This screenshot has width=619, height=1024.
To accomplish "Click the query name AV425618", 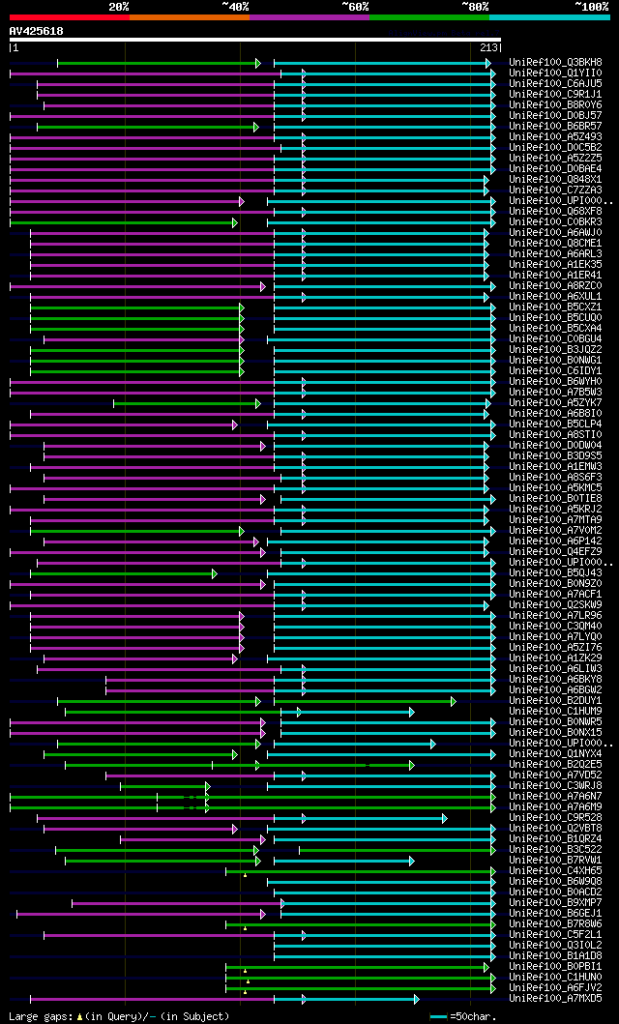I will coord(36,31).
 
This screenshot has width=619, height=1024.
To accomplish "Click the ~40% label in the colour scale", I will coord(235,6).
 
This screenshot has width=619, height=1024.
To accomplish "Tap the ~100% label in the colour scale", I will coord(591,6).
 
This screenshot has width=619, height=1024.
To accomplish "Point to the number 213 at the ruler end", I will coord(488,47).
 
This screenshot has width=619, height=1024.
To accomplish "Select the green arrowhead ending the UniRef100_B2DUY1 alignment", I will coord(453,700).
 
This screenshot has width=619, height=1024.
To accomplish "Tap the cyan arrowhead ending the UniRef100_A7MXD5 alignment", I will coord(417,998).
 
